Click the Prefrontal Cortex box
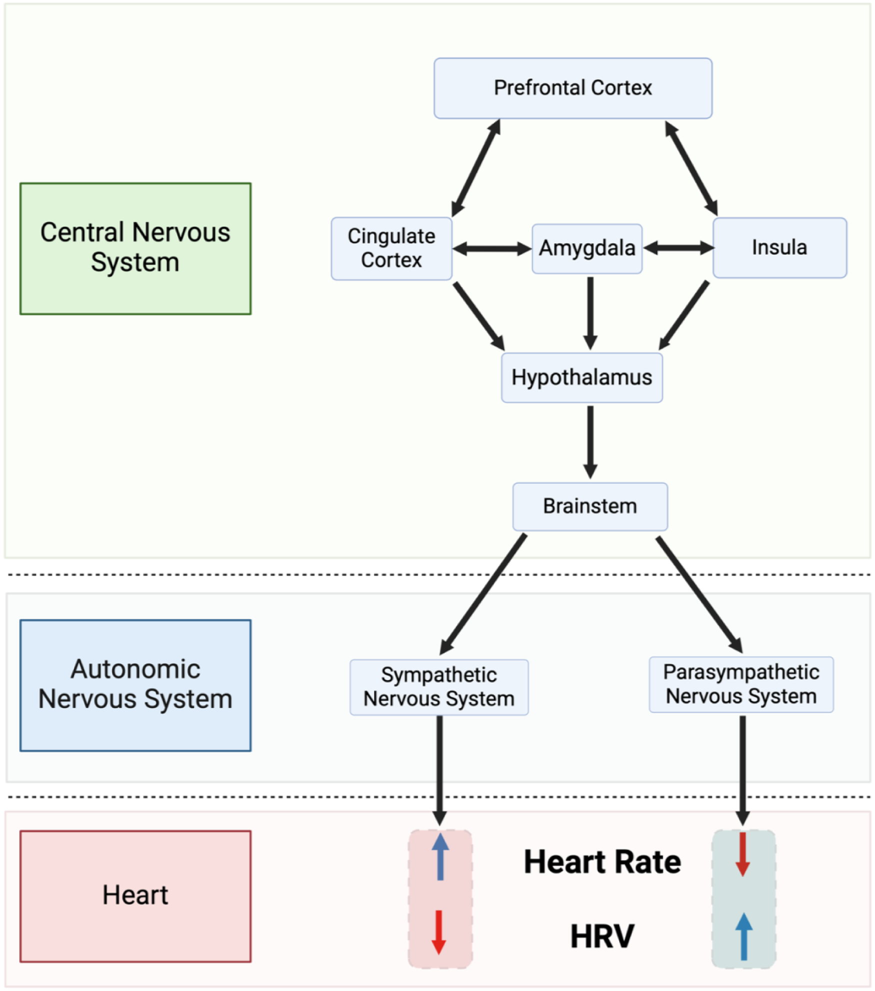(x=572, y=88)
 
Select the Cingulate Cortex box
(x=391, y=248)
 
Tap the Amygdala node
(x=587, y=248)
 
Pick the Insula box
(x=779, y=247)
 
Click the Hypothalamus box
(x=581, y=377)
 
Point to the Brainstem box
(x=590, y=506)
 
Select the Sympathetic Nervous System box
(x=438, y=687)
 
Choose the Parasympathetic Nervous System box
(x=740, y=684)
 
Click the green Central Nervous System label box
(x=135, y=248)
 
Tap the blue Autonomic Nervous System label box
(x=135, y=685)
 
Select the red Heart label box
(x=135, y=896)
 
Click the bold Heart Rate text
(x=602, y=862)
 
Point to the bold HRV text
(x=602, y=936)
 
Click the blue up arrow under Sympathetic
(x=440, y=857)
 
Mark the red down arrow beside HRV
(x=438, y=933)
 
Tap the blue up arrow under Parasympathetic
(x=743, y=936)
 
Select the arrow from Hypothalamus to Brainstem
(x=590, y=442)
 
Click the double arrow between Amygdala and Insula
(x=677, y=247)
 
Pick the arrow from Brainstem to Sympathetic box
(x=482, y=595)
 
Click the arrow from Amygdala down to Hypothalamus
(x=590, y=313)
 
